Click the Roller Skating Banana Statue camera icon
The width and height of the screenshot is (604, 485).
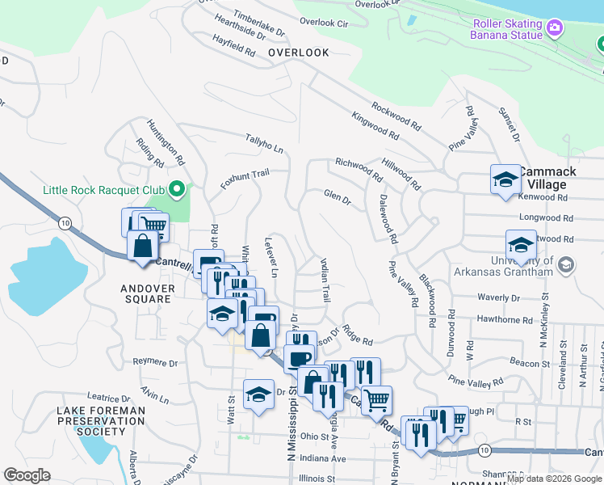click(554, 28)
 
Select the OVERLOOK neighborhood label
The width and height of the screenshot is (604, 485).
click(299, 53)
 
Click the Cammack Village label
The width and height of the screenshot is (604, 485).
click(547, 179)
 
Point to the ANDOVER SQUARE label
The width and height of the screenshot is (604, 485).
click(147, 293)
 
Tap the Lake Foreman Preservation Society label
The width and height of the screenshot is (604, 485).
click(101, 420)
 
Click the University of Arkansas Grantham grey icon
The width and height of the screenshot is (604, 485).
click(566, 264)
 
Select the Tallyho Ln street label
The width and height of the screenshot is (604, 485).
click(265, 144)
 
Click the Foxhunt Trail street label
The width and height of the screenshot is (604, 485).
click(245, 179)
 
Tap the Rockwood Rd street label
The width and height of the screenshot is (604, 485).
click(396, 116)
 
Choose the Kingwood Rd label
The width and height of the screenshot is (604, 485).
click(375, 126)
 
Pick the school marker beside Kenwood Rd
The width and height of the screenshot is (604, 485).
click(505, 179)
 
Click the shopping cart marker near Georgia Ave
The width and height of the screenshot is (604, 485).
click(375, 399)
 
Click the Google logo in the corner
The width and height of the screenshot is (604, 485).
click(27, 475)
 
